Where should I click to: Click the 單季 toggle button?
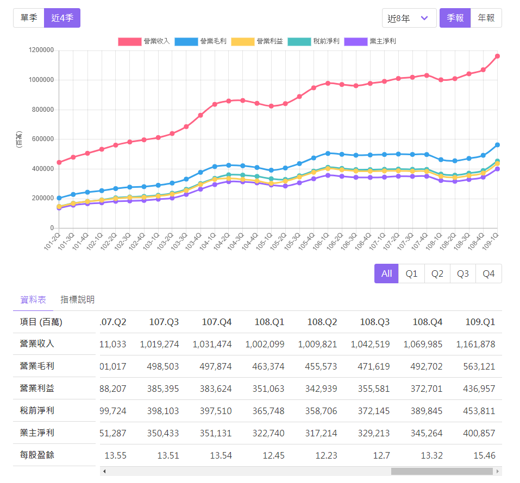[29, 18]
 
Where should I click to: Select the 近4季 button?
[62, 18]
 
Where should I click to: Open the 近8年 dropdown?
[409, 18]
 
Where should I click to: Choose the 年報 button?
[486, 18]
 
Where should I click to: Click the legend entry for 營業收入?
[144, 41]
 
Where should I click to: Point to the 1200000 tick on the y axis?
[41, 50]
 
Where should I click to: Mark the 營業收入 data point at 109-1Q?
[497, 56]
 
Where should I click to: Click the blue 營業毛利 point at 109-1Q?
[497, 145]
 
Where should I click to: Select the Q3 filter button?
[462, 274]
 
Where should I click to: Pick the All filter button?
[386, 274]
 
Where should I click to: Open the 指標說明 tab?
[78, 300]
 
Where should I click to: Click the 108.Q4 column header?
[428, 322]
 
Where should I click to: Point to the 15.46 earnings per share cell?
[484, 455]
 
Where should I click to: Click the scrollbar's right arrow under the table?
[497, 471]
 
